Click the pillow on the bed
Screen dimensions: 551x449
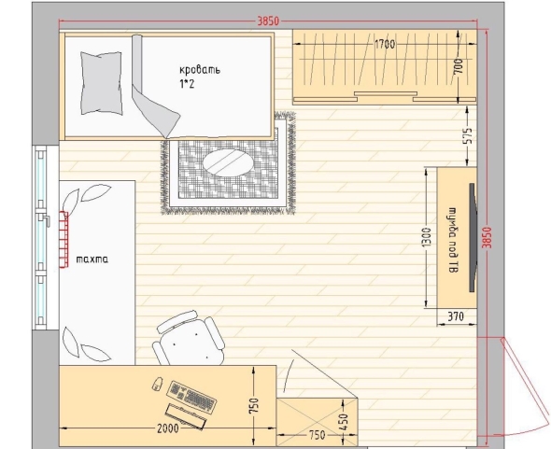pyautogui.click(x=102, y=83)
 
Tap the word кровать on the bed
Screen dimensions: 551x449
pyautogui.click(x=200, y=69)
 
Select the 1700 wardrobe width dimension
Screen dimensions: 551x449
pyautogui.click(x=385, y=45)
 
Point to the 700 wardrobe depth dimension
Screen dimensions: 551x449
pyautogui.click(x=459, y=66)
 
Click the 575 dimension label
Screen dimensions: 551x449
pyautogui.click(x=469, y=135)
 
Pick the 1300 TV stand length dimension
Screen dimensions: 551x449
pyautogui.click(x=426, y=237)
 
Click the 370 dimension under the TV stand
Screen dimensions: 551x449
pyautogui.click(x=456, y=316)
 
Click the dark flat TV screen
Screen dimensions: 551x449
pyautogui.click(x=473, y=237)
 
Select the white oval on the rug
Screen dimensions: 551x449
pyautogui.click(x=224, y=162)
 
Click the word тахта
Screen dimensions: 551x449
pyautogui.click(x=92, y=260)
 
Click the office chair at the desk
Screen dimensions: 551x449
pyautogui.click(x=189, y=339)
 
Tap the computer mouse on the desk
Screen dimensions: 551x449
pyautogui.click(x=158, y=384)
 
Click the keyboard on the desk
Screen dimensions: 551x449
pyautogui.click(x=191, y=397)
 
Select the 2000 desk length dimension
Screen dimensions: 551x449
pyautogui.click(x=167, y=428)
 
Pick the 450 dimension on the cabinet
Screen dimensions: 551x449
pyautogui.click(x=344, y=422)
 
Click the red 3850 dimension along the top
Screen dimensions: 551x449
pyautogui.click(x=268, y=21)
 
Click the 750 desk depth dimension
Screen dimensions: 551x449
pyautogui.click(x=255, y=405)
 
